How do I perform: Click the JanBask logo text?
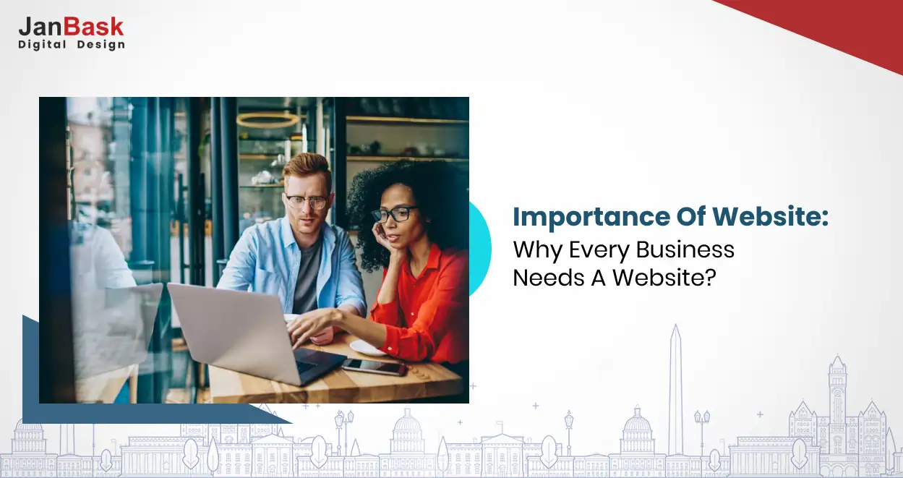(71, 27)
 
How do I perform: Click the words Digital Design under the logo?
(71, 45)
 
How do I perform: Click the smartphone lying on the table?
(374, 367)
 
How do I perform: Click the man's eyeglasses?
(307, 201)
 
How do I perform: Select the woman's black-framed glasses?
(394, 214)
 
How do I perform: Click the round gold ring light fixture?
(268, 120)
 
